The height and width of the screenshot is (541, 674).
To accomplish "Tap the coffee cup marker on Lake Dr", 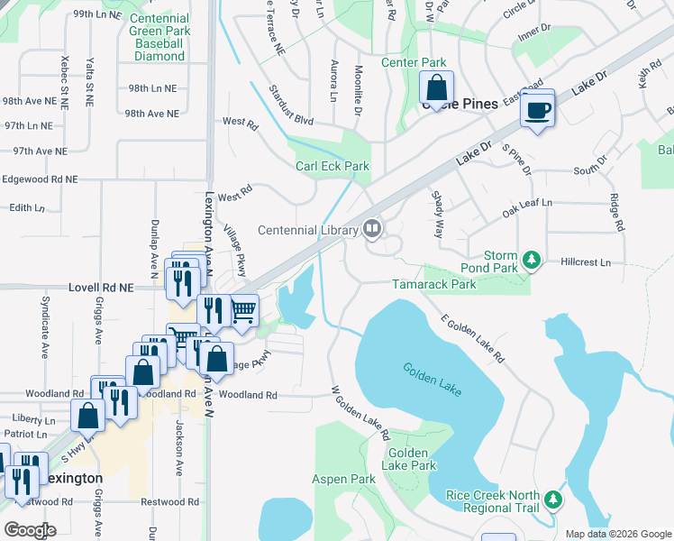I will click(537, 111).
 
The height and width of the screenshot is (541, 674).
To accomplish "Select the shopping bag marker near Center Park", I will click(436, 88).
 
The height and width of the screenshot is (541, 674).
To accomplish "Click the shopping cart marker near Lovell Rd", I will click(243, 311).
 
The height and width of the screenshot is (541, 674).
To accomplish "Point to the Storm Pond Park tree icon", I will click(532, 261).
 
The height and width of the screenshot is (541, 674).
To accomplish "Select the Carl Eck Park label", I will click(332, 166).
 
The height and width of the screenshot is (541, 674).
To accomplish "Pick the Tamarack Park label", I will click(433, 284).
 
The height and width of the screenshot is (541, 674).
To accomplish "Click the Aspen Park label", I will click(343, 479).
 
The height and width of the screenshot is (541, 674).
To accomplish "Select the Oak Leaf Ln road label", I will click(527, 209).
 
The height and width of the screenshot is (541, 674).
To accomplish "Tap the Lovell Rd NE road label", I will click(101, 288).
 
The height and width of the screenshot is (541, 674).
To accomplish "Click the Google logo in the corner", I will click(29, 529).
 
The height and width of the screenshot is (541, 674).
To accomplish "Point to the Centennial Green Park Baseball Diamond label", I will click(159, 37).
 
